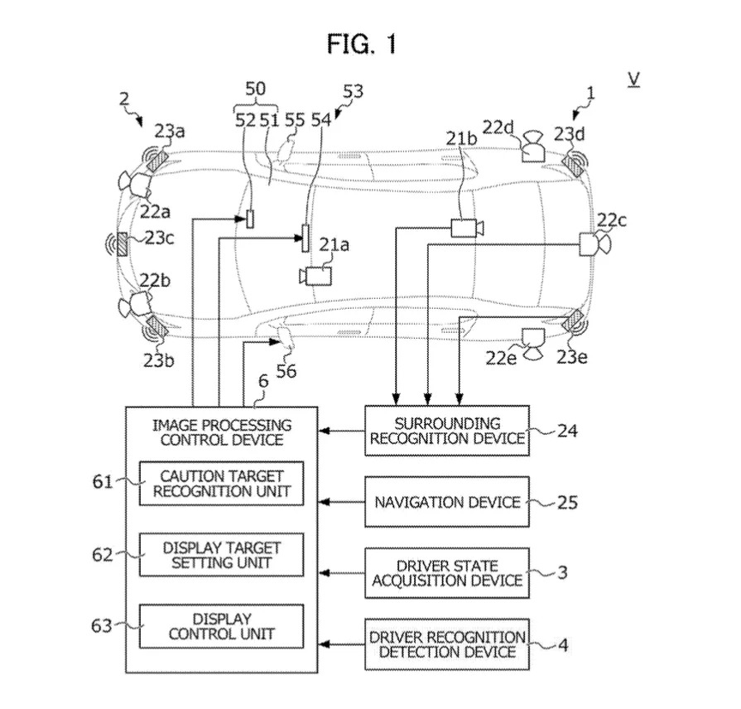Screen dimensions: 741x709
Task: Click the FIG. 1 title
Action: (x=362, y=45)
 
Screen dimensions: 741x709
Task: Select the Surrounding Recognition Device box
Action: (x=447, y=431)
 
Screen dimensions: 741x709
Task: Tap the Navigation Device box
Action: (x=447, y=502)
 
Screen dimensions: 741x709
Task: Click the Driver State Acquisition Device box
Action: (x=447, y=573)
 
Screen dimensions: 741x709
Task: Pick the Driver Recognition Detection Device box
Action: (x=447, y=644)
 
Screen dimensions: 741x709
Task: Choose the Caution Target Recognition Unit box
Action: (x=221, y=484)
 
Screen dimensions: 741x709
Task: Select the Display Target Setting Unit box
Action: (x=221, y=555)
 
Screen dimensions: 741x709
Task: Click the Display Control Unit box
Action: (x=221, y=626)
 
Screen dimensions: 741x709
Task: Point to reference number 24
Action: (x=567, y=431)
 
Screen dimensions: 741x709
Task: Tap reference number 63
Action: (x=102, y=626)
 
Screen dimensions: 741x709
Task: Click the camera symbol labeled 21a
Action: (x=315, y=276)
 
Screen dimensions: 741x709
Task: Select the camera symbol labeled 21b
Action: (x=467, y=228)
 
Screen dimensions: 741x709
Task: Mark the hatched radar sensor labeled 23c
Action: (x=123, y=244)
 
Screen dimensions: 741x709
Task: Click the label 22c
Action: (x=612, y=220)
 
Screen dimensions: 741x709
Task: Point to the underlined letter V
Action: (x=633, y=80)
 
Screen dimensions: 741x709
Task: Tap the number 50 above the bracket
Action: (x=256, y=89)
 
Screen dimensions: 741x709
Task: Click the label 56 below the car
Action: (x=286, y=371)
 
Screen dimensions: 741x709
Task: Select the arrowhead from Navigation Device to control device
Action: (x=325, y=502)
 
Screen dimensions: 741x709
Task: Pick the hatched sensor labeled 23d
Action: (x=573, y=165)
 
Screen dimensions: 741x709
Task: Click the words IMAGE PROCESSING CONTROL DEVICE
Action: (x=222, y=432)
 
